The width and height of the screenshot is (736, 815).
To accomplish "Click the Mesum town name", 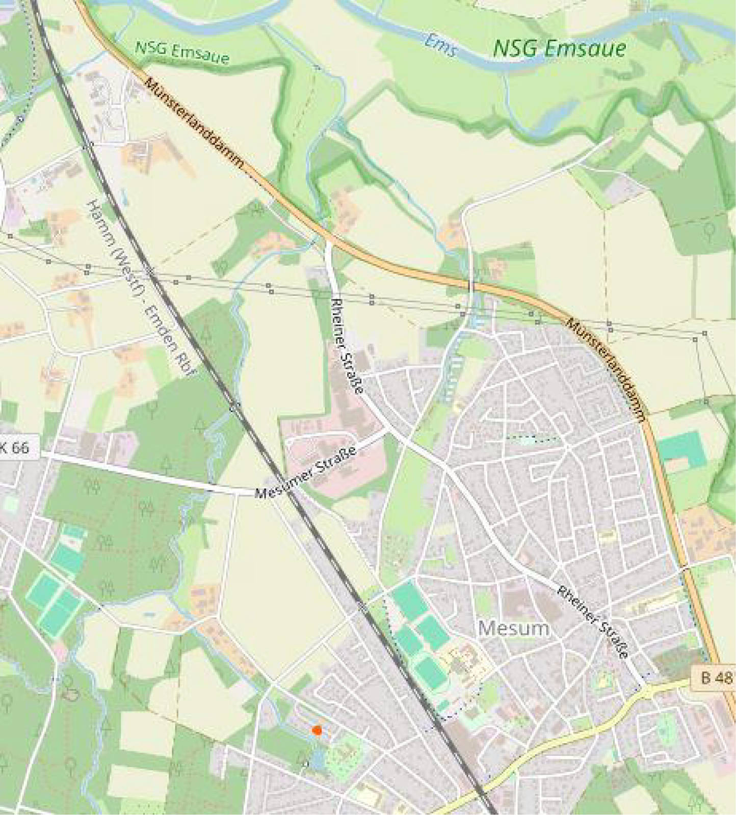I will point(514,628).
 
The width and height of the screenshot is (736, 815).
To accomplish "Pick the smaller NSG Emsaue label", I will point(182,51).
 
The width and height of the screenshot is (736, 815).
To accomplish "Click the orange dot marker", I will point(317,730).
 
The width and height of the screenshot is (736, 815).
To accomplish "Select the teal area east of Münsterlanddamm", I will point(681,449).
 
